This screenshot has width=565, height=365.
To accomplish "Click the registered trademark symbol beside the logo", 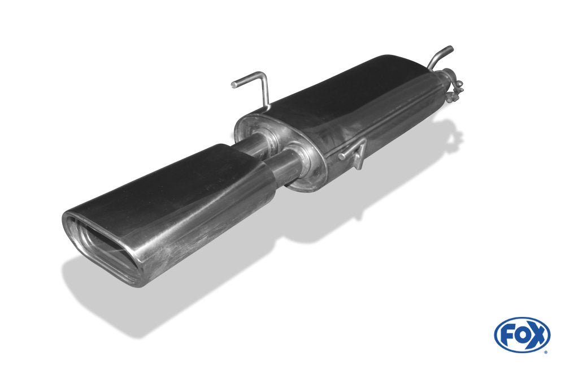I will coord(545,351).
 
